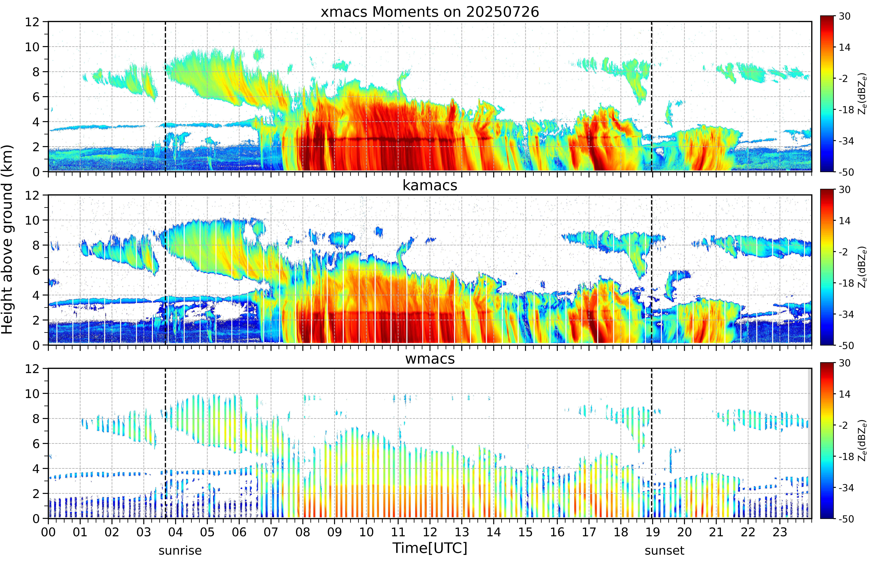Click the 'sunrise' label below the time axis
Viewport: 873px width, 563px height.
tap(180, 551)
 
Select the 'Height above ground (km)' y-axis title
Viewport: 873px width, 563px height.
tap(7, 239)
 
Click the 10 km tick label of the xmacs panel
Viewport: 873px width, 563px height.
tap(32, 47)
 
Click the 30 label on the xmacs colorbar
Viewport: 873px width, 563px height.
tap(844, 16)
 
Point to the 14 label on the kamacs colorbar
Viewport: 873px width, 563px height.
tap(844, 221)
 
